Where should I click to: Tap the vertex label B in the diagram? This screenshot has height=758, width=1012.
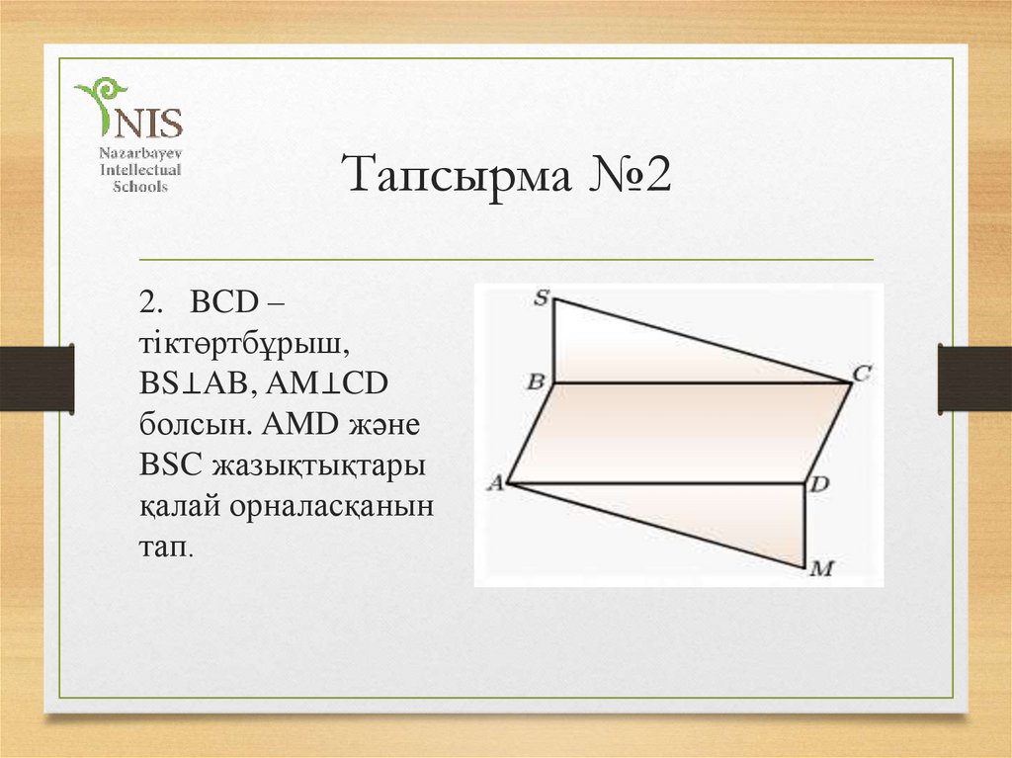click(x=538, y=381)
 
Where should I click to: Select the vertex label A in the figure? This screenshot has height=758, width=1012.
click(x=495, y=482)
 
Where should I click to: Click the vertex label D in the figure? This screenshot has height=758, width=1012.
click(x=820, y=484)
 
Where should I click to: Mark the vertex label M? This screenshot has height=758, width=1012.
click(x=822, y=568)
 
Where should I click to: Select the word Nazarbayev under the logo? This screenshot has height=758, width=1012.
click(x=138, y=155)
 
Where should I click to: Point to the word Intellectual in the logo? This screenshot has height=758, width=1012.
click(x=138, y=171)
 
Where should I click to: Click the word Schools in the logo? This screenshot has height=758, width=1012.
click(x=138, y=187)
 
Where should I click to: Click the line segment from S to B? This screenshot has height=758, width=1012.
click(x=553, y=341)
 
